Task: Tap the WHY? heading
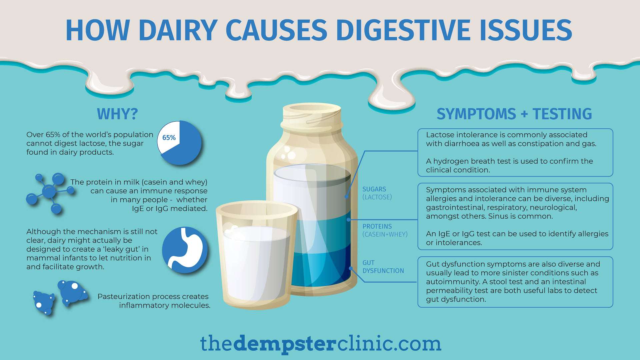click(117, 114)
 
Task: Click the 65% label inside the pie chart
click(169, 138)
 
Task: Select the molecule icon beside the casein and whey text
click(50, 193)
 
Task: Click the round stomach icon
click(185, 250)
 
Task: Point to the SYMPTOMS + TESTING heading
click(514, 114)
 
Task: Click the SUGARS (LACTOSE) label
click(377, 193)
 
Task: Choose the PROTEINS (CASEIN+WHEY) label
click(385, 230)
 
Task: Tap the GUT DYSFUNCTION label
click(383, 267)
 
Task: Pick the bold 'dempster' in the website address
click(284, 344)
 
